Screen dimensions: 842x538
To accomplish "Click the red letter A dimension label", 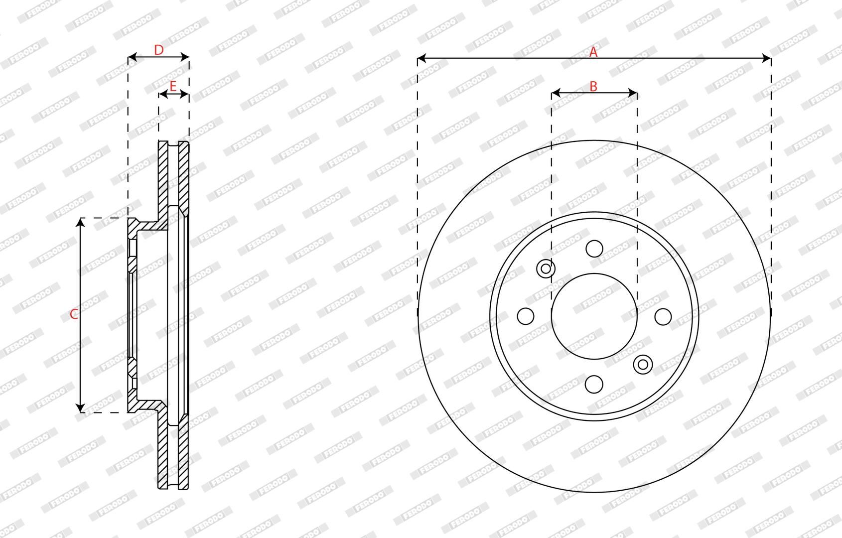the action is [x=593, y=52].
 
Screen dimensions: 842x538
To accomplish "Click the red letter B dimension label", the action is [x=593, y=87].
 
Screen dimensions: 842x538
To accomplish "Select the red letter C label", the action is [x=74, y=314].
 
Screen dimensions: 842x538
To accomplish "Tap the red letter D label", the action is [x=159, y=50].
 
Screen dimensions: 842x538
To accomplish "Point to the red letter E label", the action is [x=173, y=87].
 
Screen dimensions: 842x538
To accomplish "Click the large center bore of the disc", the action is [x=594, y=316].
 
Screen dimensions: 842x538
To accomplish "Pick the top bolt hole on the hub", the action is [x=594, y=249].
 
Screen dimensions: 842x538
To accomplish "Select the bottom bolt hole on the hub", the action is [x=594, y=384].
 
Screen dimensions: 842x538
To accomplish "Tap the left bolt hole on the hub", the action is [x=526, y=316].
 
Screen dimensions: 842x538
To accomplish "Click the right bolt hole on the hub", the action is [x=663, y=316].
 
